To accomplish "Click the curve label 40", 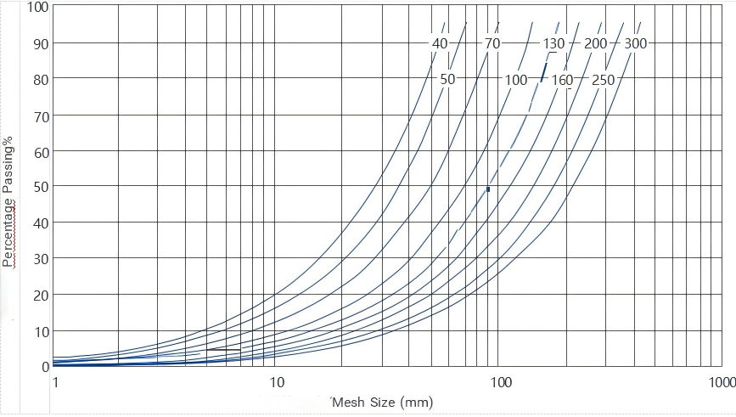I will (440, 43).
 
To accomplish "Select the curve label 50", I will (448, 79).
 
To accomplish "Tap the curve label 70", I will (492, 43).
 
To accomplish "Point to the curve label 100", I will (516, 80).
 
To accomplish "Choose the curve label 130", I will (553, 43).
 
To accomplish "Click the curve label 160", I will (562, 80).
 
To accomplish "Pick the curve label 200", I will (596, 43).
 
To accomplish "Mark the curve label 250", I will (604, 80).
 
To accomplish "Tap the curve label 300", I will (636, 43).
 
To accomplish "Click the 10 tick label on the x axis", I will (276, 383).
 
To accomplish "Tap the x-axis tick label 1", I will (54, 383).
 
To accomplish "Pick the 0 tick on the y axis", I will (46, 366).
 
